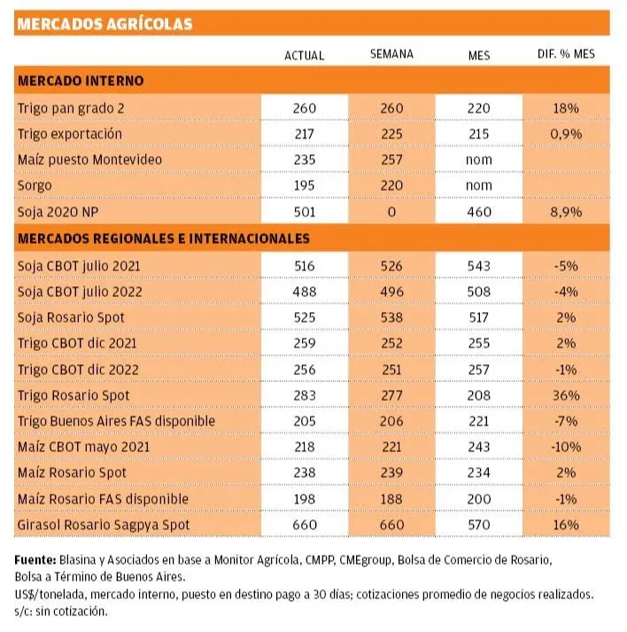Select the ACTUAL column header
coord(304,55)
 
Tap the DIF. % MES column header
coord(566,54)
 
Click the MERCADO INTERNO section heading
coord(81,81)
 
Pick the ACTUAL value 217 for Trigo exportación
coord(304,134)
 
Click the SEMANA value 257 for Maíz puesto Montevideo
coord(391,160)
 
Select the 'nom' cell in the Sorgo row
coord(479,187)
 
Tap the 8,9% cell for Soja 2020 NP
coord(566,213)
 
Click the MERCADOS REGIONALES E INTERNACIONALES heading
coord(164,238)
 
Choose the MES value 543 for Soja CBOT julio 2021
coord(479,265)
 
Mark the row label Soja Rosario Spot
coord(71,316)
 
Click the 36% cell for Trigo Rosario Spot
coord(566,394)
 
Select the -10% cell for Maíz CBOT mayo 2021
coord(566,447)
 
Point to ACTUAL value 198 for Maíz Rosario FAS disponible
coord(304,499)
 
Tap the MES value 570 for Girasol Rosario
coord(479,525)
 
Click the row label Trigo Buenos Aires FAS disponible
coord(116,421)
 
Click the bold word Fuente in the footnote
coord(35,560)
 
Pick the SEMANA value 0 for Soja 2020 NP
coord(391,213)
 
